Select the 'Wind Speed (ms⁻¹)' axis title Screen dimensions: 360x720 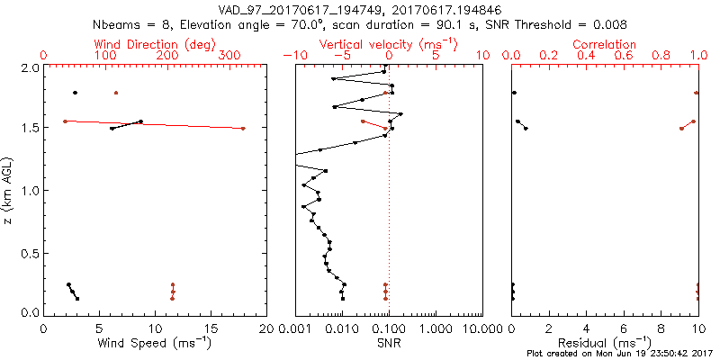click(x=156, y=343)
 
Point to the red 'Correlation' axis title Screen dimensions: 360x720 click(x=605, y=43)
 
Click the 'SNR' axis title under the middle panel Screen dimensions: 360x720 click(x=389, y=343)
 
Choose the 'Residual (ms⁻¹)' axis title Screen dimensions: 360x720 click(x=605, y=343)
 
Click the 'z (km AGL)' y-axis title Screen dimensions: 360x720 click(x=9, y=190)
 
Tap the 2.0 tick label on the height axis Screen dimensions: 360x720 click(x=29, y=67)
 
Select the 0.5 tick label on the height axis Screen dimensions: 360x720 click(x=29, y=251)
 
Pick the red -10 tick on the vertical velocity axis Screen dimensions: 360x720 click(x=290, y=56)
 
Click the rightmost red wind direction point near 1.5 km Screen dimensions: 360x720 click(x=243, y=129)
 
